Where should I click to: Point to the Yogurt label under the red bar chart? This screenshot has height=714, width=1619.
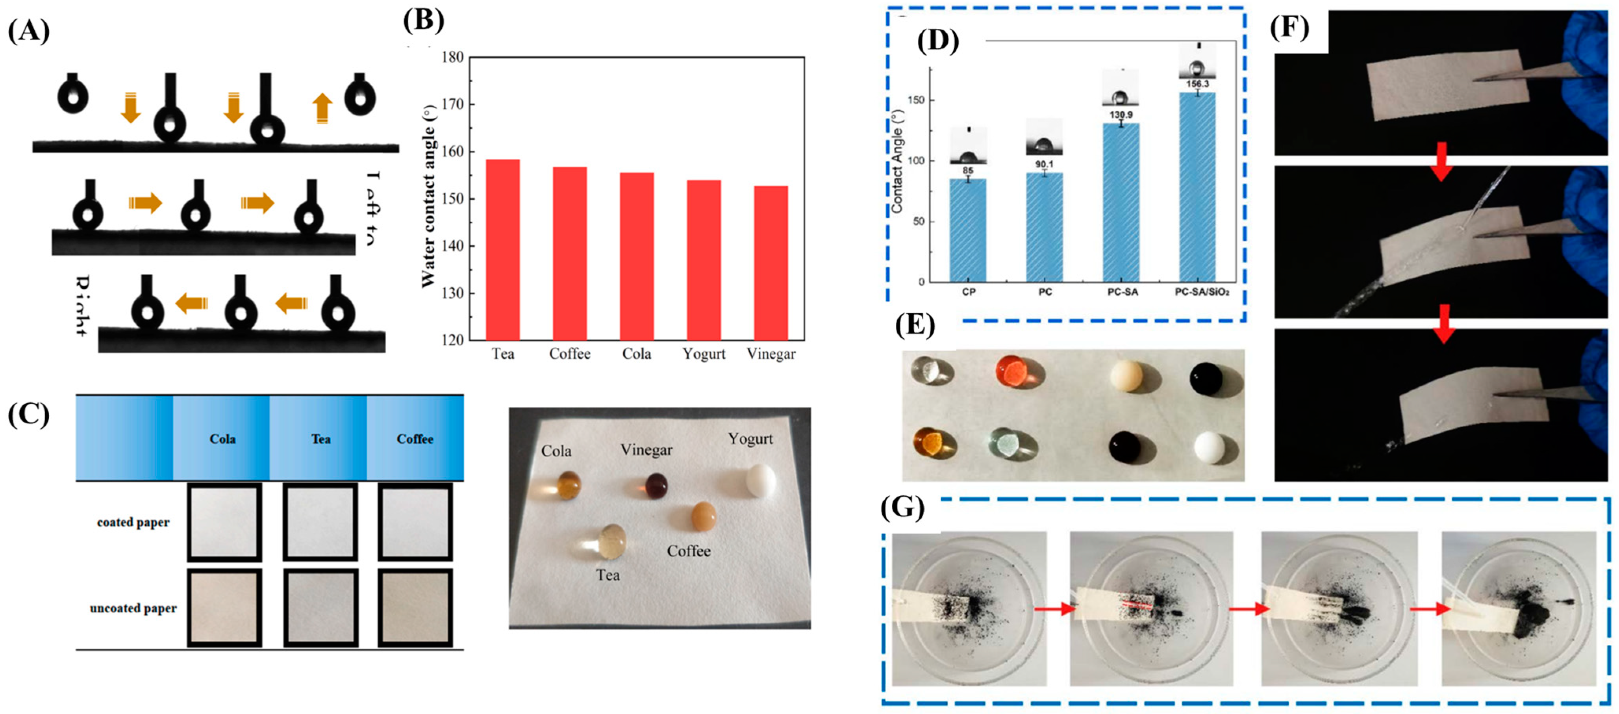point(704,354)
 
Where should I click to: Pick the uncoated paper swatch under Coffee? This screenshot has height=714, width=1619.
point(415,608)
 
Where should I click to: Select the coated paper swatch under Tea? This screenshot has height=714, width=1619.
point(320,522)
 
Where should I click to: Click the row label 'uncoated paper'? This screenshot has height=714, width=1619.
point(133,608)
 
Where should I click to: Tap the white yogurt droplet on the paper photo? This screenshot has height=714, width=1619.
point(760,481)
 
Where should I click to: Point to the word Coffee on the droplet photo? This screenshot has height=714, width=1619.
point(689,551)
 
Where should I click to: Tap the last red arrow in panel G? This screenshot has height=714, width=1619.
point(1430,609)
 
